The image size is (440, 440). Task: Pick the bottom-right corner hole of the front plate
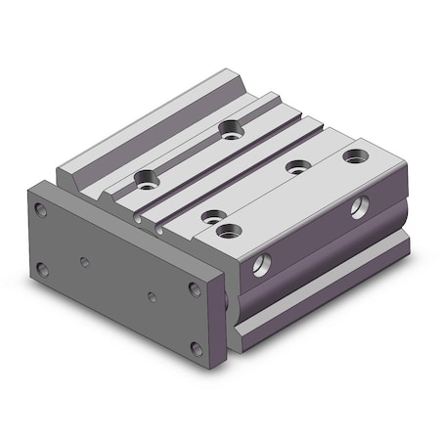tap(198, 347)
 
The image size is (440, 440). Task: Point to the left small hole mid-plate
tap(86, 261)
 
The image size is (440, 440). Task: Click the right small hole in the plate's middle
tap(152, 295)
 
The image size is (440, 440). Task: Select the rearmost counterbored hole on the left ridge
tap(231, 127)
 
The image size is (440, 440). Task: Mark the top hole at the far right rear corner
tap(352, 154)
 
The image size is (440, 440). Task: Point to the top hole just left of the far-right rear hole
tap(294, 166)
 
